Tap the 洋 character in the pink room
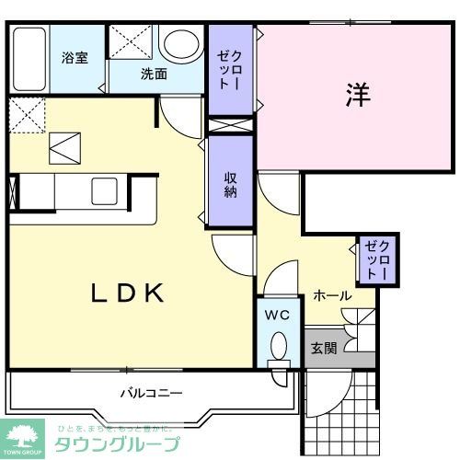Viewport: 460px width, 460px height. pyautogui.click(x=359, y=95)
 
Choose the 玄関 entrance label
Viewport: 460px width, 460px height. pyautogui.click(x=323, y=349)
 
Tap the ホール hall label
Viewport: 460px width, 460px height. pyautogui.click(x=332, y=295)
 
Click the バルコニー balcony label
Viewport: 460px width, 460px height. pyautogui.click(x=151, y=393)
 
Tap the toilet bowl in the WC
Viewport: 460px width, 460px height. pyautogui.click(x=279, y=349)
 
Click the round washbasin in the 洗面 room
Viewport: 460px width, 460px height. pyautogui.click(x=180, y=44)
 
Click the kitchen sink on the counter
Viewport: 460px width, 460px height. pyautogui.click(x=103, y=190)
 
